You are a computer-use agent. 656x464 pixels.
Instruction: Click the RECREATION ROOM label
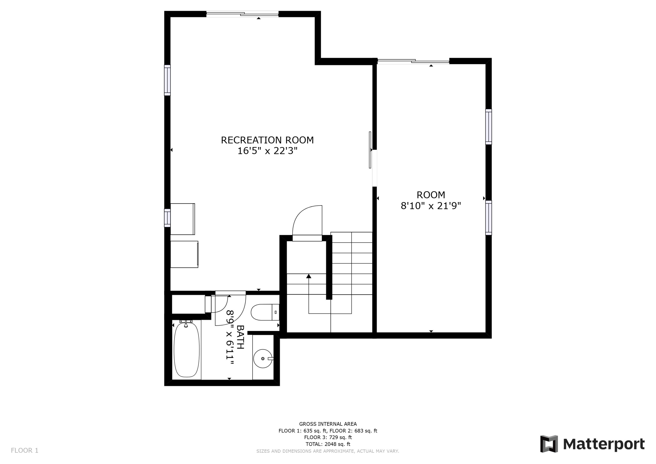coord(267,140)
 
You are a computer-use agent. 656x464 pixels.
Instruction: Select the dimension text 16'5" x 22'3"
coord(267,151)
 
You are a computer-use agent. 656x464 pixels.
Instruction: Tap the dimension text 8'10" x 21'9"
coord(431,206)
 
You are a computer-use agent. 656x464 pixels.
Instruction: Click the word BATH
coord(241,337)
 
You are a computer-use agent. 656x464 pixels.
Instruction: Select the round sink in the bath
coord(263,359)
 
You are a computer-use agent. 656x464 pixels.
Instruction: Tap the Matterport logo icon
coord(549,444)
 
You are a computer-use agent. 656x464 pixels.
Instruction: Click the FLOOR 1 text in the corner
coord(24,451)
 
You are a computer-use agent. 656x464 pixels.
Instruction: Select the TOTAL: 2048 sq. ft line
coord(328,444)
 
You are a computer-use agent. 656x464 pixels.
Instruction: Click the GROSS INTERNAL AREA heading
coord(328,424)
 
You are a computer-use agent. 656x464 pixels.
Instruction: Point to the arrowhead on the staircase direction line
coord(309,276)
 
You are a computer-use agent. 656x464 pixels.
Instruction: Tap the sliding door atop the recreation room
coord(242,14)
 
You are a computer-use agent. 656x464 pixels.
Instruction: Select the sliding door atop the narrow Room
coord(413,61)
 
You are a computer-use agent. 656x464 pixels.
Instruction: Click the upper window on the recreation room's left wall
coord(167,80)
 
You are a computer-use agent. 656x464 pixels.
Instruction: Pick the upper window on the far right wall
coord(489,127)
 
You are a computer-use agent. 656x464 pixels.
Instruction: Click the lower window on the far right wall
coord(489,218)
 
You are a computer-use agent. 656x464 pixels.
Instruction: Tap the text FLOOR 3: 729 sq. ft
coord(328,437)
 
